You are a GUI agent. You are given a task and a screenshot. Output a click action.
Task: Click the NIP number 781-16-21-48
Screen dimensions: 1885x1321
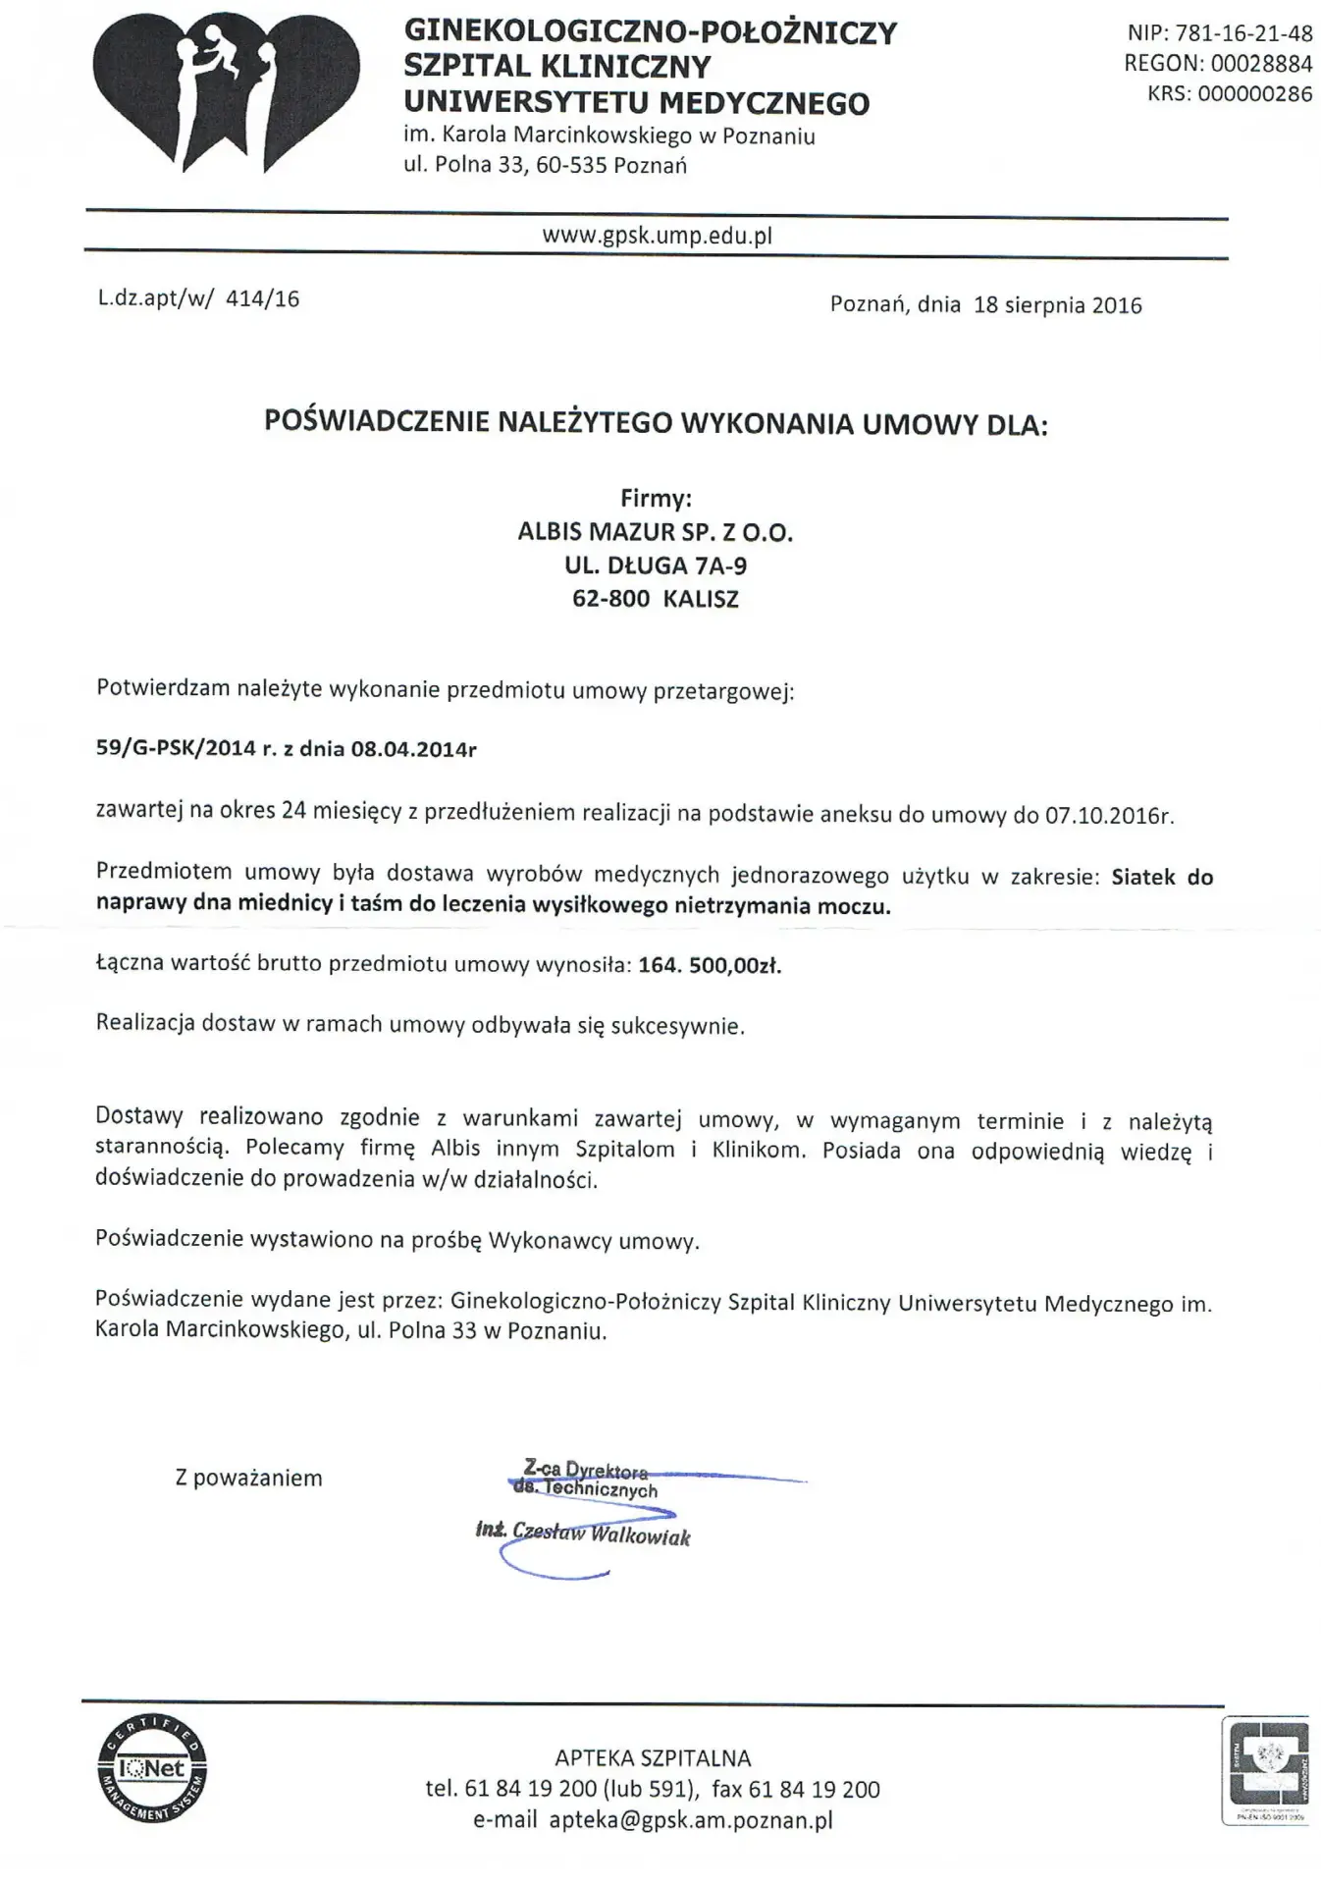(x=1245, y=33)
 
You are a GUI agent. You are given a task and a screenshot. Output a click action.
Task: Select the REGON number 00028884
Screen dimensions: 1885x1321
(x=1261, y=64)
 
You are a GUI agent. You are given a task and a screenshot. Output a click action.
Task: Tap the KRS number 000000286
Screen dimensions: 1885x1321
(x=1252, y=94)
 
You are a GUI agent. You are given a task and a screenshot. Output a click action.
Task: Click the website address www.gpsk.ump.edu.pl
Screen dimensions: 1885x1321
(x=657, y=236)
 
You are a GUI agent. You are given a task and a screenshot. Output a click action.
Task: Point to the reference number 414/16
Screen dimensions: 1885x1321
(x=262, y=299)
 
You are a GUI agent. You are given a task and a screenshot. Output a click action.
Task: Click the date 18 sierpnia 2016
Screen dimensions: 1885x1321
(x=1057, y=305)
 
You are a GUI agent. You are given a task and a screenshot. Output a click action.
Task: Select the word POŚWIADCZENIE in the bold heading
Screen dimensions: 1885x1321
(x=377, y=423)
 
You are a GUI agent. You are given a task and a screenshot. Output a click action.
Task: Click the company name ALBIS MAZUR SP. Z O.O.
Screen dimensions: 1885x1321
(x=655, y=533)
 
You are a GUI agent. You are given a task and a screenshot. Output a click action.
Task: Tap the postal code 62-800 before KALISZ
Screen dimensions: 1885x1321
(x=610, y=599)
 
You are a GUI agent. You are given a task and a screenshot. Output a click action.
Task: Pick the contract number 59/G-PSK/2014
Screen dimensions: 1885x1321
(x=176, y=749)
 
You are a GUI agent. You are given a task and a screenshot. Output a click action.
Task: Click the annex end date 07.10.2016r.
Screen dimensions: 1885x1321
(x=1109, y=816)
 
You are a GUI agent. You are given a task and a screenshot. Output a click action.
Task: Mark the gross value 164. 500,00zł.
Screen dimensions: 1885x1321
(x=710, y=965)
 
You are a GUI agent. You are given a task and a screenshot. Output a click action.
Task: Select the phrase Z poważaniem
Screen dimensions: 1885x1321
(x=248, y=1479)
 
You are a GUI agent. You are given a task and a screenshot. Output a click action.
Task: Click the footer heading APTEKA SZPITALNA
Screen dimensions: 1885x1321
(x=653, y=1758)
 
